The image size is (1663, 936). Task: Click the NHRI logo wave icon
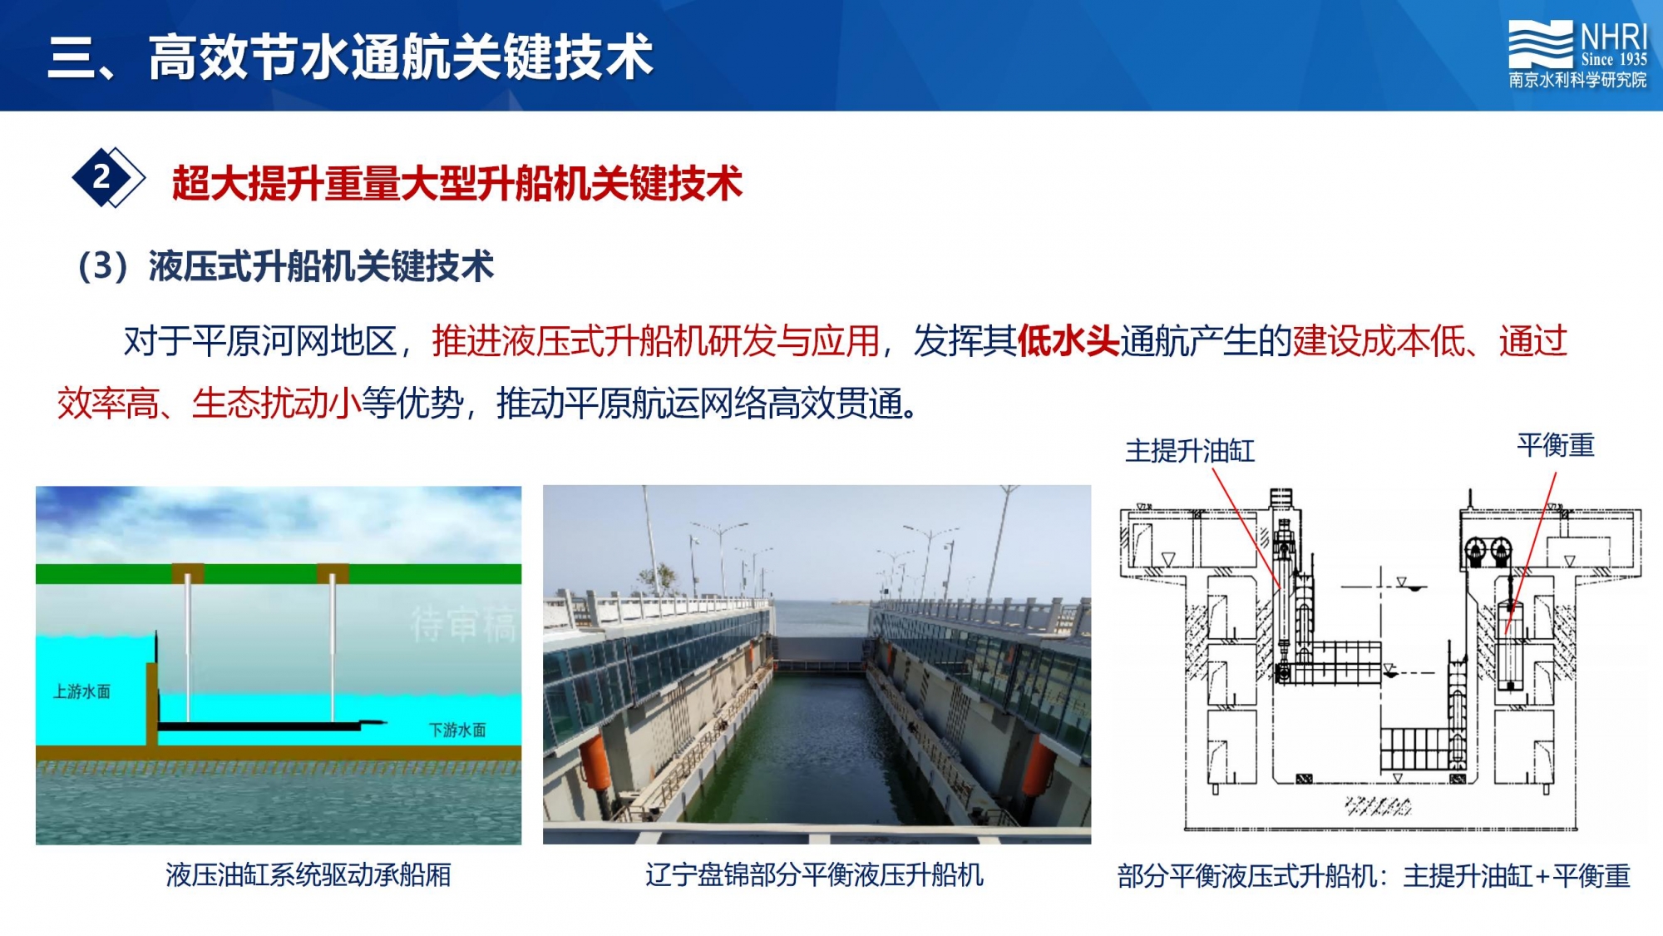(1541, 45)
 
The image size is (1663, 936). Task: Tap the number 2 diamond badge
(106, 177)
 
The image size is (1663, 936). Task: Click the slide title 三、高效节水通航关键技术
(350, 57)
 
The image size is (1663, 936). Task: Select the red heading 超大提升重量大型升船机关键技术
(456, 183)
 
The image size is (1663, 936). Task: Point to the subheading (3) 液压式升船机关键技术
(284, 266)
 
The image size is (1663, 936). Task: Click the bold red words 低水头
(1068, 341)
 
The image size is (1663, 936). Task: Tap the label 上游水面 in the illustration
(81, 691)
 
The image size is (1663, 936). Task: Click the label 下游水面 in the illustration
(457, 730)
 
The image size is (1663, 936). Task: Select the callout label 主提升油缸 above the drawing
(1190, 451)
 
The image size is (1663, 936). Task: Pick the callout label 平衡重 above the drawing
(1556, 445)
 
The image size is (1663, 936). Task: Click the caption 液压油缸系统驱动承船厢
(308, 875)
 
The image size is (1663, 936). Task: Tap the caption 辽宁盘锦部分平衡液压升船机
(815, 875)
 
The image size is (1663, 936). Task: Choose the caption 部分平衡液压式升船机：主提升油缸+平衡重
(1374, 876)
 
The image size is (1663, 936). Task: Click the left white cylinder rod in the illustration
(188, 649)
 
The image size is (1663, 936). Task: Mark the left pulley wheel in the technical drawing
(1475, 550)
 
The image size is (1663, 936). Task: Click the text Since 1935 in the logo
(1614, 59)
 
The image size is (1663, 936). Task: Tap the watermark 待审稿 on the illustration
(463, 624)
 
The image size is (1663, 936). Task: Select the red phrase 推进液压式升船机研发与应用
(656, 341)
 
